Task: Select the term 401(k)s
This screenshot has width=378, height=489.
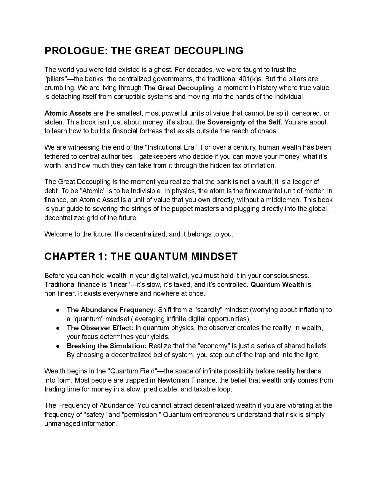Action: pyautogui.click(x=251, y=79)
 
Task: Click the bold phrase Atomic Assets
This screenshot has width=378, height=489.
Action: pyautogui.click(x=68, y=113)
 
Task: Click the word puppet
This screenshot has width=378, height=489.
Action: pyautogui.click(x=181, y=209)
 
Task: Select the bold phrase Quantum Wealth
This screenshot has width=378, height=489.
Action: pyautogui.click(x=277, y=285)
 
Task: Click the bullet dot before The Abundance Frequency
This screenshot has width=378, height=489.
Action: pyautogui.click(x=58, y=310)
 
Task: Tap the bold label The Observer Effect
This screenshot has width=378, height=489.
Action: pyautogui.click(x=100, y=328)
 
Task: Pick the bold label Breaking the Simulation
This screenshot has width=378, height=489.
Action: pyautogui.click(x=107, y=346)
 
